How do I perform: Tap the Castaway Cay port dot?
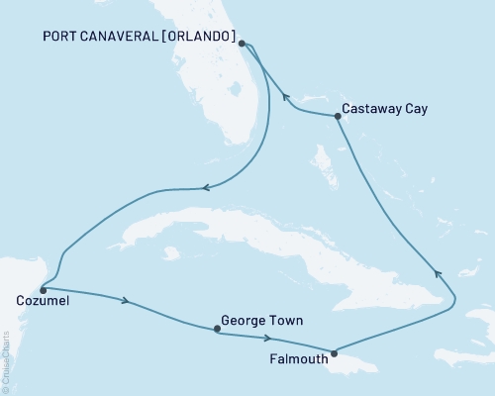coord(338,116)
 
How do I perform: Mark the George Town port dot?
coord(216,331)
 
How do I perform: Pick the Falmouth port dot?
coord(334,353)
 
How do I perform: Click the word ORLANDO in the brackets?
coord(204,38)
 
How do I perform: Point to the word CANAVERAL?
coord(128,38)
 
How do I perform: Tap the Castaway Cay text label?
coord(384,109)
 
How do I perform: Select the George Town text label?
coord(262,321)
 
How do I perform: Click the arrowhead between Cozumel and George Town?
coord(125,300)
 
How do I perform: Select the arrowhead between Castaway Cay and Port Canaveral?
coord(286,97)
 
